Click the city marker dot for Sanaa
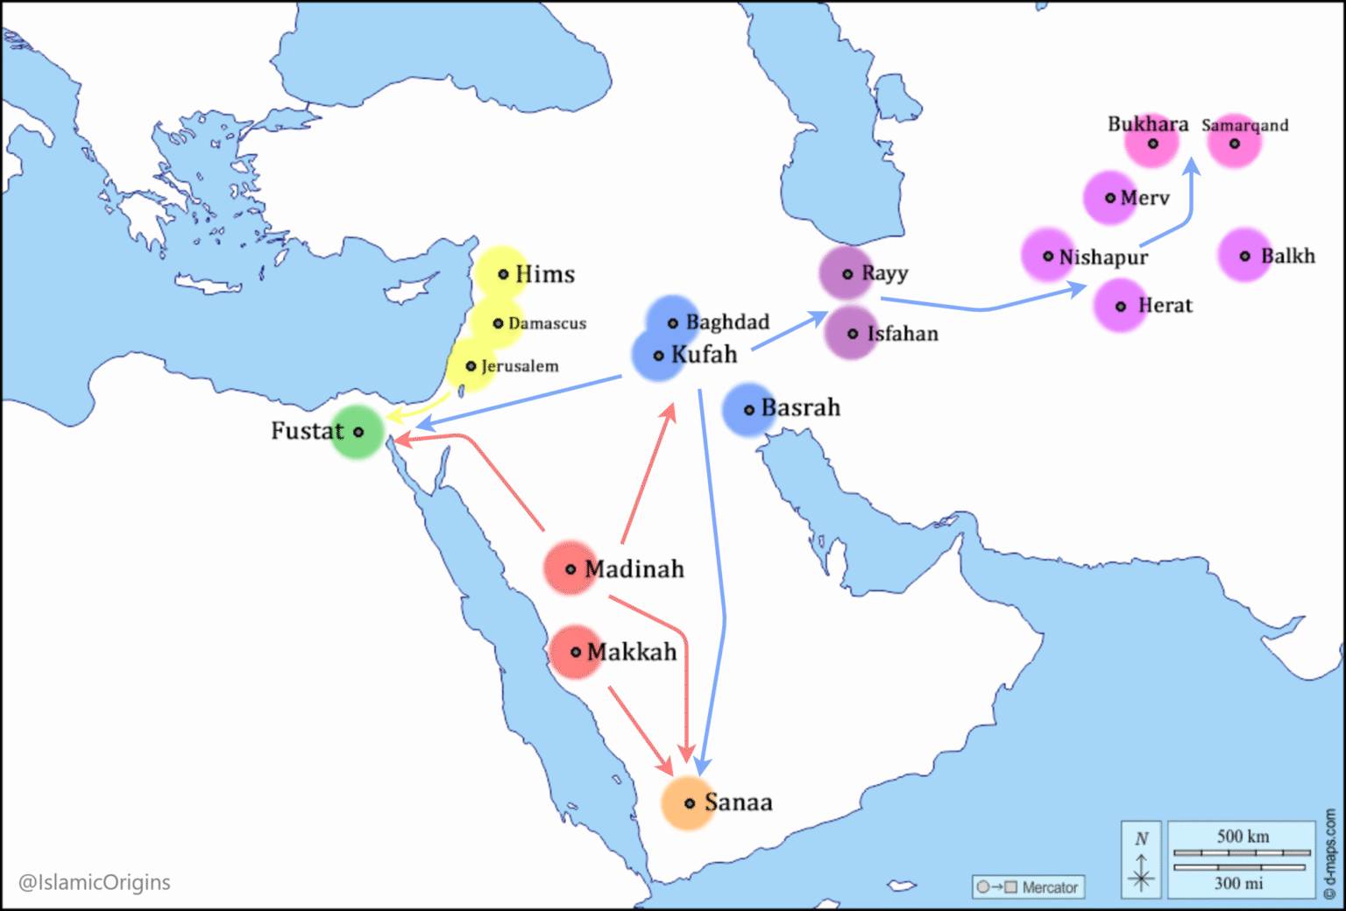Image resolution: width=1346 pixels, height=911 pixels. pyautogui.click(x=690, y=803)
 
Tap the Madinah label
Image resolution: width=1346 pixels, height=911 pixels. pyautogui.click(x=634, y=569)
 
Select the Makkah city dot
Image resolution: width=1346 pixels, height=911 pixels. pyautogui.click(x=576, y=653)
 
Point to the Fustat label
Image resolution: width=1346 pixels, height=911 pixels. pyautogui.click(x=307, y=431)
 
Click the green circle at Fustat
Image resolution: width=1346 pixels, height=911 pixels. pyautogui.click(x=358, y=432)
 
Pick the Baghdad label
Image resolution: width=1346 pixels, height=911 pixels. pyautogui.click(x=727, y=322)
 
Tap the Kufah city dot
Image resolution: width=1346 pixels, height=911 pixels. pyautogui.click(x=659, y=356)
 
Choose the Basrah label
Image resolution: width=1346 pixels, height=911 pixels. pyautogui.click(x=800, y=408)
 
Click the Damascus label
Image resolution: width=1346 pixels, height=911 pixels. pyautogui.click(x=547, y=324)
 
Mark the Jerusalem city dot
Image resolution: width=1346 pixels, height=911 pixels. pyautogui.click(x=471, y=366)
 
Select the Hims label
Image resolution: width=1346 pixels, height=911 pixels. pyautogui.click(x=545, y=275)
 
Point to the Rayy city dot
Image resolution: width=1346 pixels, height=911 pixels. pyautogui.click(x=847, y=274)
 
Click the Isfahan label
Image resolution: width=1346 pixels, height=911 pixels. pyautogui.click(x=903, y=334)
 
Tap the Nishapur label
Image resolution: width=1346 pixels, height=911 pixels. pyautogui.click(x=1103, y=258)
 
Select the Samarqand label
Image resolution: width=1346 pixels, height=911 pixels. pyautogui.click(x=1244, y=125)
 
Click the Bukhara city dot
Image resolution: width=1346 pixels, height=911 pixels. pyautogui.click(x=1153, y=144)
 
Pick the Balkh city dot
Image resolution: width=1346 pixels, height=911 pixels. pyautogui.click(x=1245, y=257)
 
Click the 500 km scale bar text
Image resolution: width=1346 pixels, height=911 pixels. pyautogui.click(x=1242, y=837)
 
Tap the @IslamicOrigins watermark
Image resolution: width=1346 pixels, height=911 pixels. pyautogui.click(x=95, y=882)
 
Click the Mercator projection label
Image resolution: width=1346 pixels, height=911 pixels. pyautogui.click(x=1049, y=887)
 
